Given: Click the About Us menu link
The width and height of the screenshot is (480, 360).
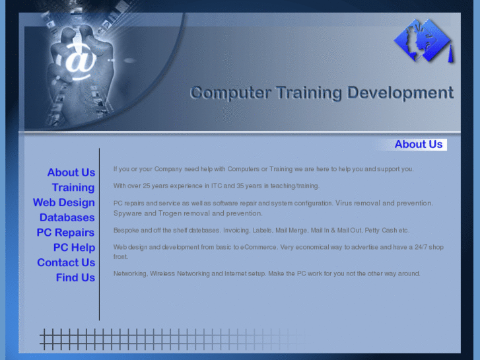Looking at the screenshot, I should coord(71,172).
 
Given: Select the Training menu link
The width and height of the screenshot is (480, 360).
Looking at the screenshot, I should coord(73,188).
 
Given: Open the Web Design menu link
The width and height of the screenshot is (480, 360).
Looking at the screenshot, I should coord(64,203).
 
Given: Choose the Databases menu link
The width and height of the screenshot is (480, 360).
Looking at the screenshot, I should coord(67,217).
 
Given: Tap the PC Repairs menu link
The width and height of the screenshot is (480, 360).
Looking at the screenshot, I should coord(66,233).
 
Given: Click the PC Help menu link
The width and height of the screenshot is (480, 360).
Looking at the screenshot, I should coord(74,248).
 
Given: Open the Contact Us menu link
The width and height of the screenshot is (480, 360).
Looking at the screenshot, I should coord(66,262).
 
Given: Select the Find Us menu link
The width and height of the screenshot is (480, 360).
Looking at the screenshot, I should coord(75,277).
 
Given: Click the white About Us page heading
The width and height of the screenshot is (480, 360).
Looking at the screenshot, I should coord(419,144).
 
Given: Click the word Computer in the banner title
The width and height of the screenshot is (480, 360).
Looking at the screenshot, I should coord(230,92).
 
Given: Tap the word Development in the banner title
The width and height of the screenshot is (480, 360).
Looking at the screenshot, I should coord(401,92).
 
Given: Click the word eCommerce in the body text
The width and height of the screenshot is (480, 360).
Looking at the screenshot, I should coord(257,247).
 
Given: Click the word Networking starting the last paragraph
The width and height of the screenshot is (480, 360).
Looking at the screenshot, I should coord(129,273).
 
